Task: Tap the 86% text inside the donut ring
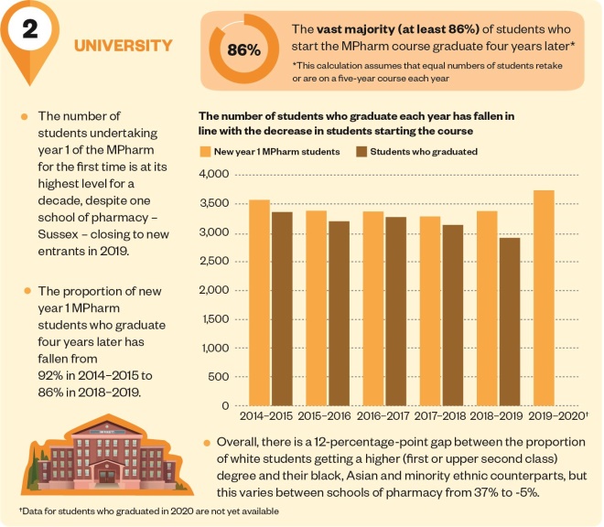click(243, 49)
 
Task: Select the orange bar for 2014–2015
click(259, 302)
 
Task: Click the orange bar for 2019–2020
click(544, 297)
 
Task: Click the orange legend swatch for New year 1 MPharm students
click(205, 151)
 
